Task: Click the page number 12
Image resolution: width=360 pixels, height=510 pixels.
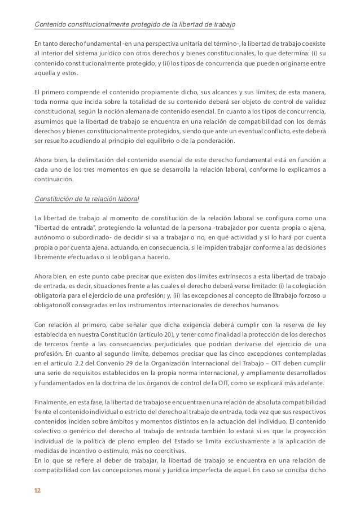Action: point(37,491)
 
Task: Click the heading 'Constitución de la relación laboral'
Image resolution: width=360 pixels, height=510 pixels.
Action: point(87,200)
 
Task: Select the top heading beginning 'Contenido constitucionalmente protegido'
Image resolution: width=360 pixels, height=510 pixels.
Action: point(135,25)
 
